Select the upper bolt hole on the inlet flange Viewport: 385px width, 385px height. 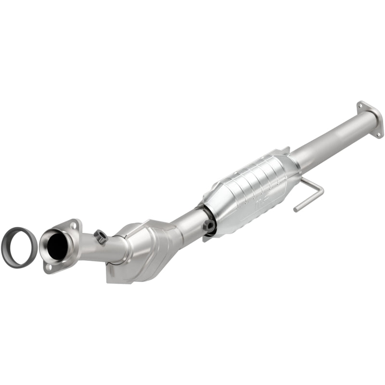73,225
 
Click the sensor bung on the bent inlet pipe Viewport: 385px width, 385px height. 100,236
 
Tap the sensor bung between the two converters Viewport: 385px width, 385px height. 209,226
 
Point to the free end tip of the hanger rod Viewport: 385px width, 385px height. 295,209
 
